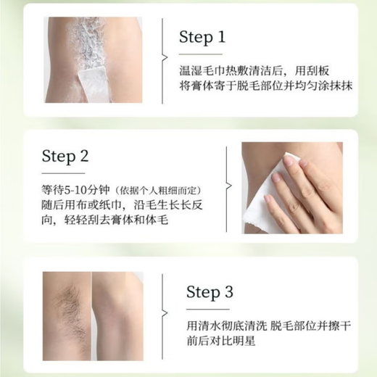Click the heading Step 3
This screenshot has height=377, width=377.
click(212, 292)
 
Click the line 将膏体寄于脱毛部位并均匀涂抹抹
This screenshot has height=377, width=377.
click(260, 91)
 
